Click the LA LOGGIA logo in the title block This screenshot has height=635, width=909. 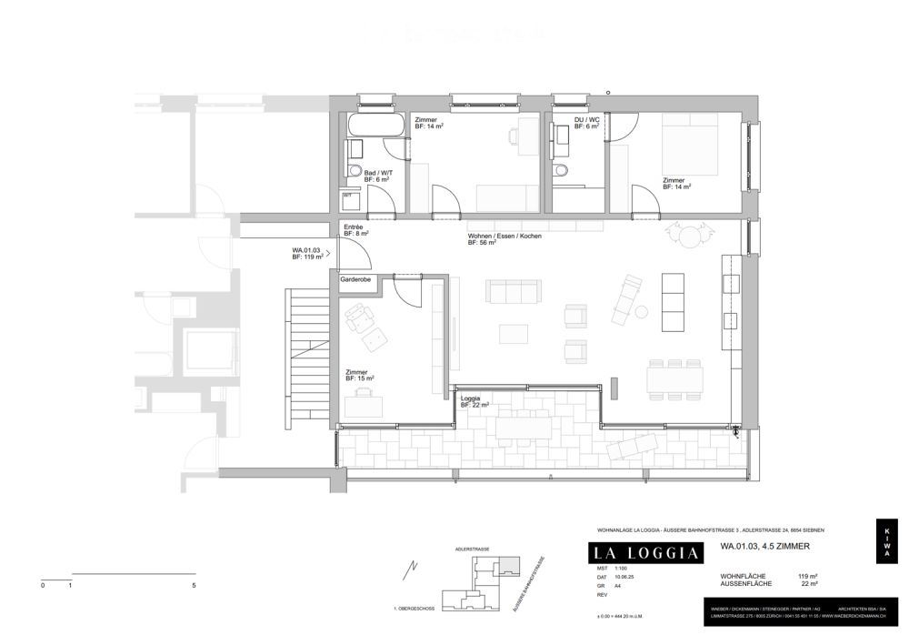646,552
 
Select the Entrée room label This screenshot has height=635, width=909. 354,227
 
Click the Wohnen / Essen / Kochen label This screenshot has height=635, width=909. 504,236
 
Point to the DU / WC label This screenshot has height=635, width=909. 586,120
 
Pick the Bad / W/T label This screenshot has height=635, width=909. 376,172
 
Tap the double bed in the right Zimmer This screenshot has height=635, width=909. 692,146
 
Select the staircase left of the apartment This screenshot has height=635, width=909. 305,354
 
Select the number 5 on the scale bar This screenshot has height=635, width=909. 195,586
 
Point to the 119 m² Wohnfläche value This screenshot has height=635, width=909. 808,576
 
